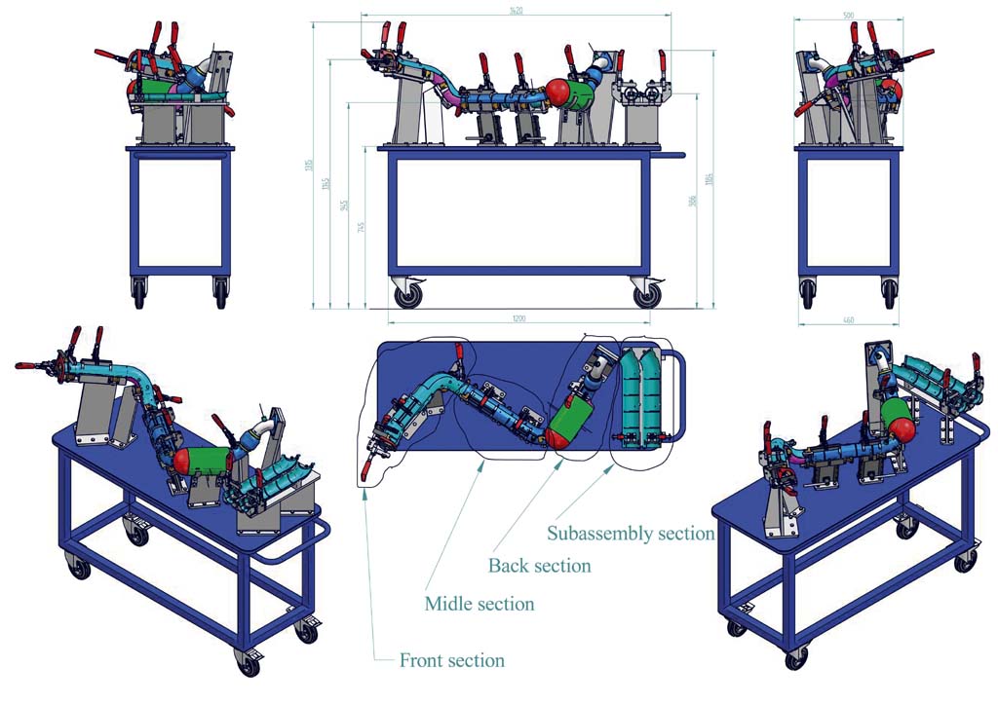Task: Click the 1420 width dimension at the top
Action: [516, 11]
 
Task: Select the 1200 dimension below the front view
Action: [518, 318]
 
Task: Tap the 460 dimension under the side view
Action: [847, 319]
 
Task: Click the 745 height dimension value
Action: [362, 227]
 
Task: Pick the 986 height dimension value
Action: [691, 202]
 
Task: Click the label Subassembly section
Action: [631, 533]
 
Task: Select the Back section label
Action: [539, 565]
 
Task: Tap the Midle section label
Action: [479, 604]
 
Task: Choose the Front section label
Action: [451, 660]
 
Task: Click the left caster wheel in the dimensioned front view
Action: [408, 293]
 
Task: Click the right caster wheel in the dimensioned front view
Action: [646, 293]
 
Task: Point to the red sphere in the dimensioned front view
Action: [557, 92]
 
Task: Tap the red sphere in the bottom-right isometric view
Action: [902, 427]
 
